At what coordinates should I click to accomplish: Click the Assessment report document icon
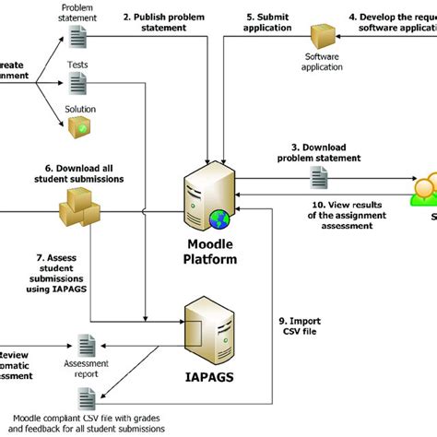click(88, 348)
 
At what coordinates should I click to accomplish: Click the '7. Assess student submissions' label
click(61, 278)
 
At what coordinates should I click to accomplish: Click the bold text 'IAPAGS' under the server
click(215, 378)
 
